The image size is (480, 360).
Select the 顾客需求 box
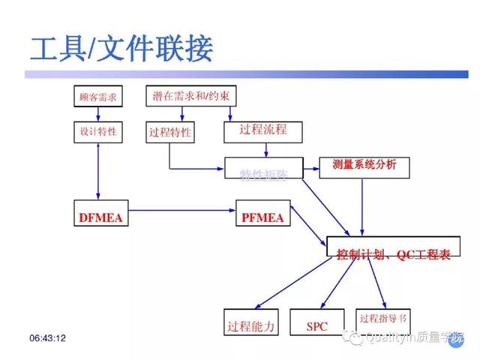[x=98, y=97]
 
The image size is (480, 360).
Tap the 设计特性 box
[x=98, y=133]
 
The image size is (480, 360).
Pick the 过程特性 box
[x=169, y=133]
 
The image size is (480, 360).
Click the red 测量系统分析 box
[x=364, y=166]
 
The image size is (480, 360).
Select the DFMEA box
[x=100, y=217]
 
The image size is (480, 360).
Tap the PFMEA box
[x=262, y=217]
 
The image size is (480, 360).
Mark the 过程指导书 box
[x=383, y=318]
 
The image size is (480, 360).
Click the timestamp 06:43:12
[x=47, y=339]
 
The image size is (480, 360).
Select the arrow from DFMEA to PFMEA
[x=180, y=211]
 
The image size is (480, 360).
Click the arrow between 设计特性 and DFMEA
[x=98, y=171]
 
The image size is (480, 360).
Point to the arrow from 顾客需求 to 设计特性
[x=98, y=115]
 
